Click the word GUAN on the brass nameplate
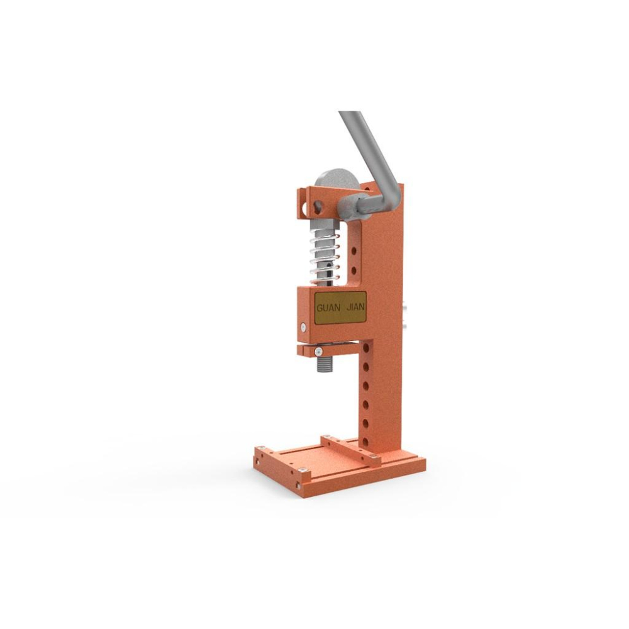328,308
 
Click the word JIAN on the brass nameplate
355,308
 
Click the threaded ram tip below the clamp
326,364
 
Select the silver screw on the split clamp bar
318,352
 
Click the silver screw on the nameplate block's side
303,327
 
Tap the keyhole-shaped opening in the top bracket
318,206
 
